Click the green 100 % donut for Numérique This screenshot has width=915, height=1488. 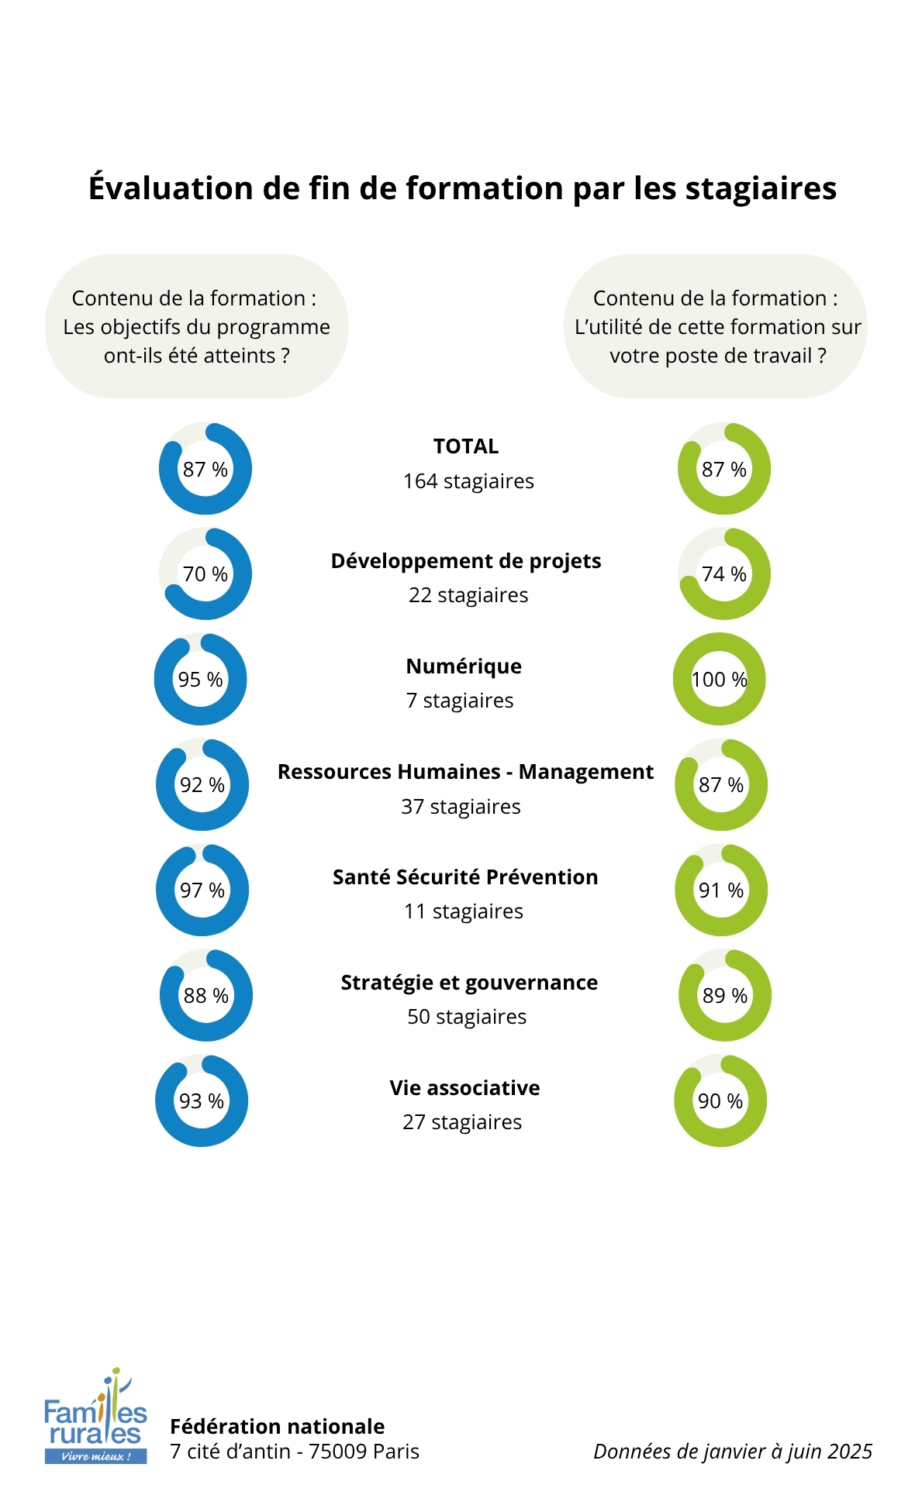click(719, 679)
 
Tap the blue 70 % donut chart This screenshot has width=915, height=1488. click(205, 574)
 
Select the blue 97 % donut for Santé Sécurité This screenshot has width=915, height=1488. click(202, 890)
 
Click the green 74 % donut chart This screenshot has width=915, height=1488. click(723, 574)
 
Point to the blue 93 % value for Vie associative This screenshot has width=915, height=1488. click(202, 1101)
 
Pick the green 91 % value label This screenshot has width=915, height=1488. click(720, 890)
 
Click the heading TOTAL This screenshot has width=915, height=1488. click(466, 446)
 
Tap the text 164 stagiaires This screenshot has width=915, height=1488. click(468, 481)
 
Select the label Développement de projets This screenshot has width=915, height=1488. click(466, 561)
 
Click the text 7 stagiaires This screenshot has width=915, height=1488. click(460, 701)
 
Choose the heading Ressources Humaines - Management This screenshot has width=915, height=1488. click(465, 772)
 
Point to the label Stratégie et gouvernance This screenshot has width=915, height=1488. click(469, 983)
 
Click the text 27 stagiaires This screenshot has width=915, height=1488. click(462, 1122)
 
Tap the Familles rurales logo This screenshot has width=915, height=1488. click(95, 1417)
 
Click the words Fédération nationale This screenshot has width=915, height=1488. click(277, 1426)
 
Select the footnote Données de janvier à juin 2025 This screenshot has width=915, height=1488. click(733, 1452)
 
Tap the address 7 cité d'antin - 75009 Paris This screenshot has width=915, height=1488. click(295, 1452)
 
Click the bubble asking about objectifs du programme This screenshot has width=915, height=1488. click(197, 326)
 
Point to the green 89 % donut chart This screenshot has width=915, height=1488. click(724, 996)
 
